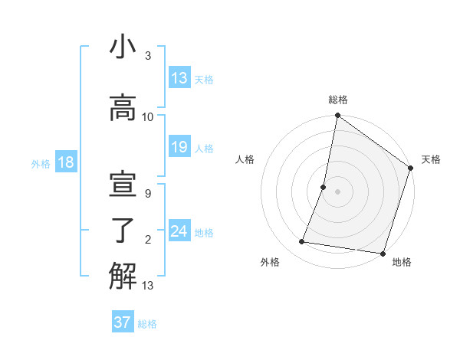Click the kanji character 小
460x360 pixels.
tap(123, 47)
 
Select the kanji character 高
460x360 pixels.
tap(123, 108)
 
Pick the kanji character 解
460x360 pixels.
tap(123, 277)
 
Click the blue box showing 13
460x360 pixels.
tap(179, 78)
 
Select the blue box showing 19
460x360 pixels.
tap(179, 147)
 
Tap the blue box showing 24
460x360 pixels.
tap(179, 231)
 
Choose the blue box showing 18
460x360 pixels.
tap(64, 162)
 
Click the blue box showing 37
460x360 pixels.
tap(123, 322)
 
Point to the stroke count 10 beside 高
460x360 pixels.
tap(148, 116)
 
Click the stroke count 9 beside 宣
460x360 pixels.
tap(148, 194)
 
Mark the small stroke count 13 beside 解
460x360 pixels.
tap(148, 286)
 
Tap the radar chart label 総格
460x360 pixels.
tap(337, 100)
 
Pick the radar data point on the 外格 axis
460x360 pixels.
tap(301, 242)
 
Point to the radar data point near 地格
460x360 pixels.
tap(382, 253)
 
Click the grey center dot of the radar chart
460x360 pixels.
tap(337, 191)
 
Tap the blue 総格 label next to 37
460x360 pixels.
tap(147, 324)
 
